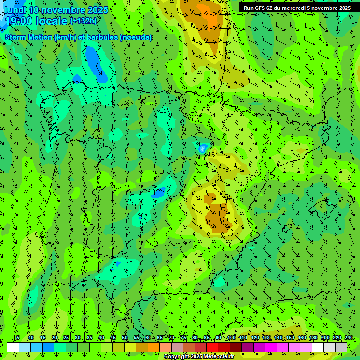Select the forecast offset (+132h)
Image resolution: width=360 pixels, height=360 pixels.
[83, 21]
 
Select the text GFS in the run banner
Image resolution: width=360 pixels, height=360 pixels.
[261, 8]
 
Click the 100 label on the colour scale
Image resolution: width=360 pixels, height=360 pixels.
[232, 338]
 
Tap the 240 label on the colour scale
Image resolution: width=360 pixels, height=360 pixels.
[349, 338]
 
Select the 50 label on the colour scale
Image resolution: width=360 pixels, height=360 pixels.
[125, 338]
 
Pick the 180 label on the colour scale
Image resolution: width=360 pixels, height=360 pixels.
[314, 338]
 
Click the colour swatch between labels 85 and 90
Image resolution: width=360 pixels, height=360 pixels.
[212, 347]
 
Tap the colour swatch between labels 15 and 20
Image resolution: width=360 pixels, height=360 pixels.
[48, 347]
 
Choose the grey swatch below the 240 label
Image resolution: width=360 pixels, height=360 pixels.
[341, 347]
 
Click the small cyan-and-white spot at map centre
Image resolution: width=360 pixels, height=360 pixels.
[202, 149]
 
